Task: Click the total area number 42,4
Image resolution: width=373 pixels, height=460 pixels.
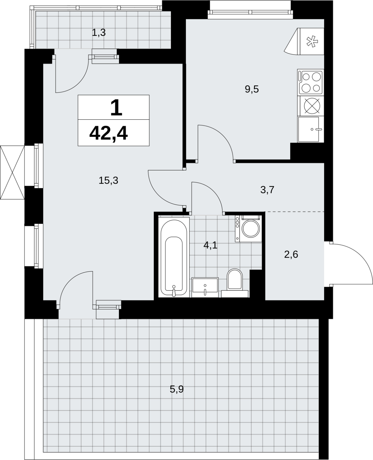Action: pos(108,134)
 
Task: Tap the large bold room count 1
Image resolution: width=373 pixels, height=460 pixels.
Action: pos(116,108)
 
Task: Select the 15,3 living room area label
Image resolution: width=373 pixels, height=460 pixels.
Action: pos(108,180)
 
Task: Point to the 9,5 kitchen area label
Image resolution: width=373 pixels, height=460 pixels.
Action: pos(252,89)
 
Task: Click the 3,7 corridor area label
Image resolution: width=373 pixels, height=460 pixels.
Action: pos(267,190)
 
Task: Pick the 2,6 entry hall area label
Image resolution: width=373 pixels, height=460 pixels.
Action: pos(291,255)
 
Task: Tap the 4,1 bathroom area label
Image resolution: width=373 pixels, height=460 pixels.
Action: pos(210,245)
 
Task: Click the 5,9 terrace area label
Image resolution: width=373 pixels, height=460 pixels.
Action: pos(176,389)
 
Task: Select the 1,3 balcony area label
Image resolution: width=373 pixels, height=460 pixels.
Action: pos(99,32)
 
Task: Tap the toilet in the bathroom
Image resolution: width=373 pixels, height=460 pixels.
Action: pos(235,283)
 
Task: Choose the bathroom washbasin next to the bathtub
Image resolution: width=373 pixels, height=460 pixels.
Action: pos(205,287)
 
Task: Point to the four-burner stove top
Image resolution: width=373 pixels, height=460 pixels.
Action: pos(311,82)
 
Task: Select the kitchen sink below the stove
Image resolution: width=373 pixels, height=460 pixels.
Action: pos(311,129)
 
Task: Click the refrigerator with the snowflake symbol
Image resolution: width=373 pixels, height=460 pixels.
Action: pos(304,41)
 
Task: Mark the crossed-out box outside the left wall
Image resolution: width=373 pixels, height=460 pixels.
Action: pos(12,172)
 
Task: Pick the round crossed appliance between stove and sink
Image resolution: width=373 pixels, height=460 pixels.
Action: pos(312,106)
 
